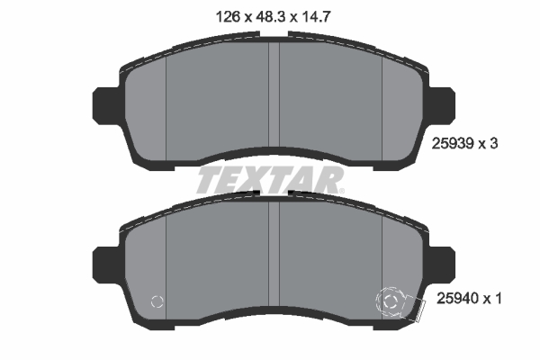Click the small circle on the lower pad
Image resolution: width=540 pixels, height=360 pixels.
[159, 301]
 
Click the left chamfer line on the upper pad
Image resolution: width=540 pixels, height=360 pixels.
[168, 103]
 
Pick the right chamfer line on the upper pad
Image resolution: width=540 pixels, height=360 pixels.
[383, 103]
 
